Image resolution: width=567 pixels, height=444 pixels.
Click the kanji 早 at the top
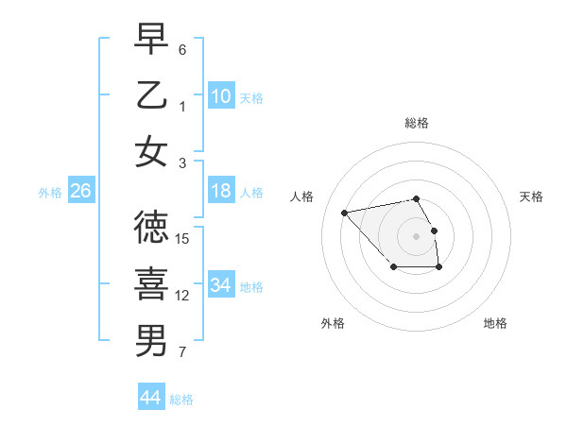[151, 41]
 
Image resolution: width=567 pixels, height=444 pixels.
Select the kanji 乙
[151, 94]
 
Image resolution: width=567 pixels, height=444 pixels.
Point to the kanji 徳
[151, 228]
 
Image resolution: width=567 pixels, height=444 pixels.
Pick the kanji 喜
[151, 283]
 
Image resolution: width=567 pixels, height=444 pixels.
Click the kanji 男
[151, 339]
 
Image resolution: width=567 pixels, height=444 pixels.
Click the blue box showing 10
[220, 95]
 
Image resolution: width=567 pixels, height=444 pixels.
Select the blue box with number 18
[220, 191]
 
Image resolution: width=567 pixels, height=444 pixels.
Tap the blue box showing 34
[220, 284]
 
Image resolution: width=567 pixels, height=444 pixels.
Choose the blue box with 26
[80, 191]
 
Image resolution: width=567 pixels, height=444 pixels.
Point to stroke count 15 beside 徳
[183, 238]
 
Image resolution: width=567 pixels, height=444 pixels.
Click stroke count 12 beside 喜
[183, 296]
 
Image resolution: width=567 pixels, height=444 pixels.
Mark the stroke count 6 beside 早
[182, 49]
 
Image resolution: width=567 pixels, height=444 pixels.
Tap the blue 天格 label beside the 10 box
[251, 97]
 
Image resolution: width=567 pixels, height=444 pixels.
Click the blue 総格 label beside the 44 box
[181, 400]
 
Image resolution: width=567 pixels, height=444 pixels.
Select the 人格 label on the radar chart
[302, 196]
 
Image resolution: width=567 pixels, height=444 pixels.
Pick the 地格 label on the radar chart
[495, 323]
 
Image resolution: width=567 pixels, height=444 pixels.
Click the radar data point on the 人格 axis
[345, 212]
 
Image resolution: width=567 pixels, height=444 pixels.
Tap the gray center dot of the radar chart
[416, 235]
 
